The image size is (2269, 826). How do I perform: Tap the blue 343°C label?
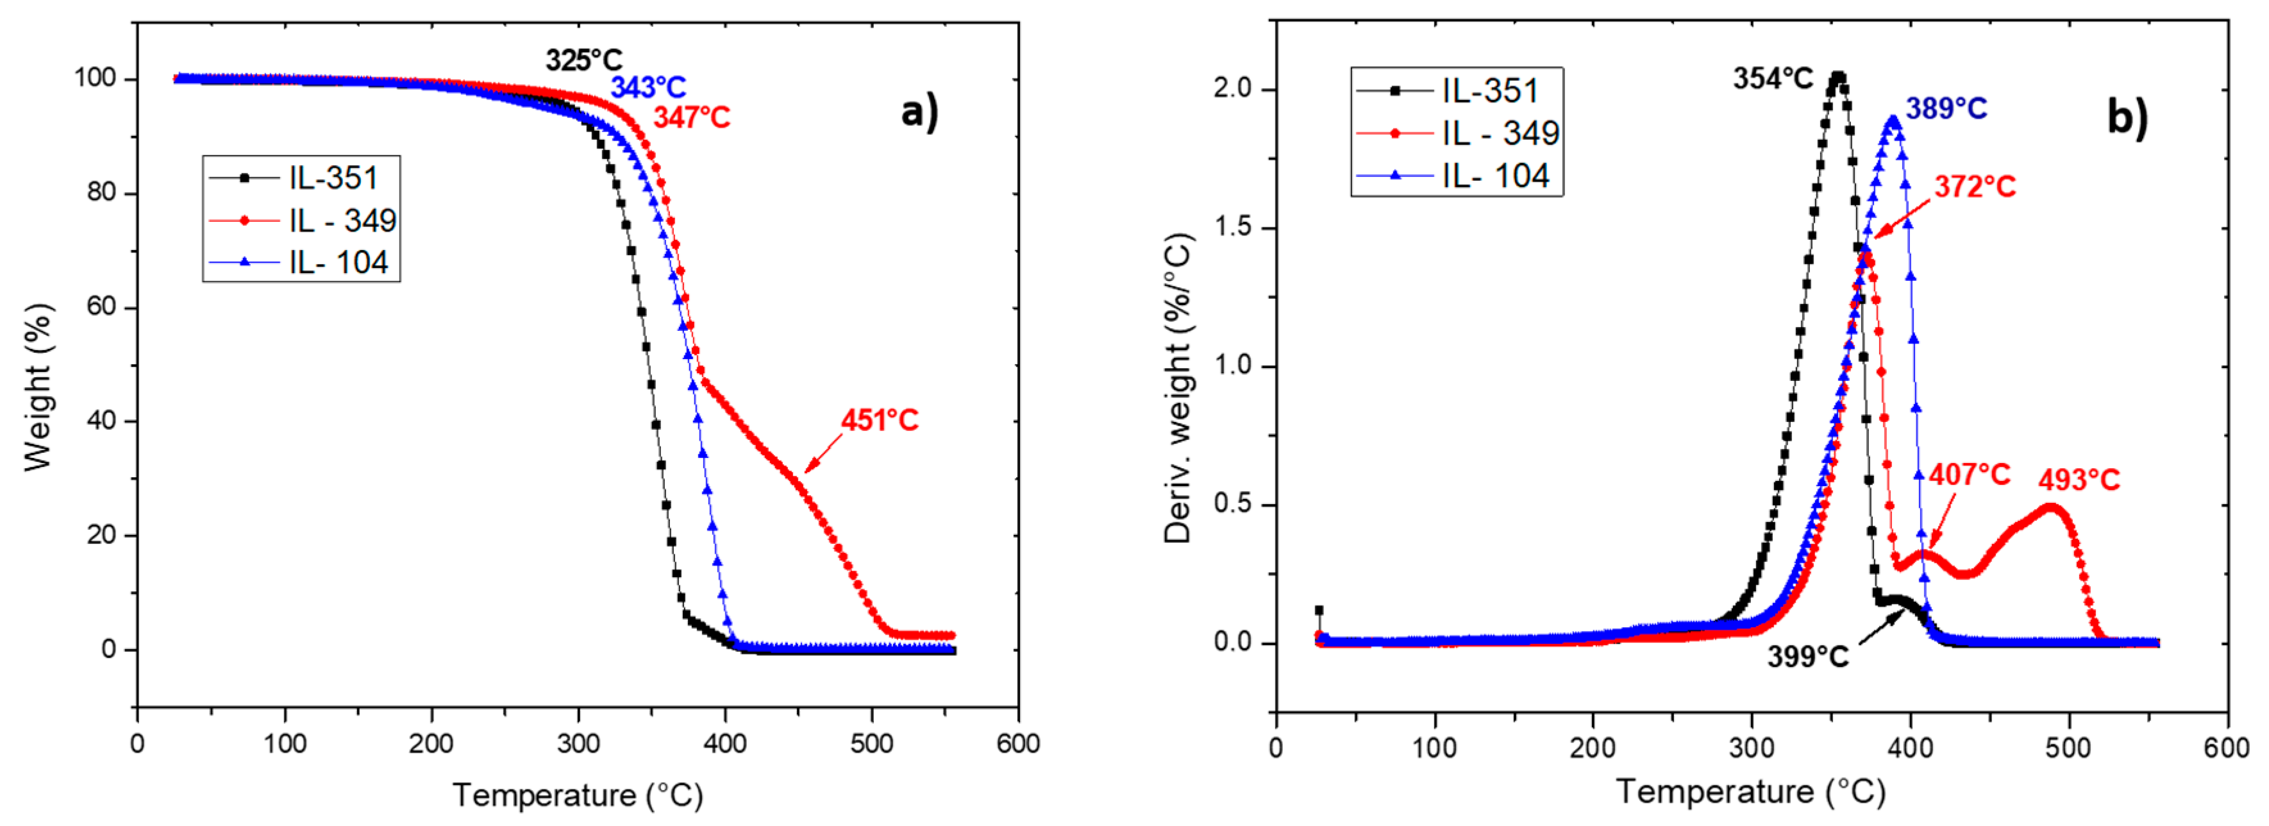[x=648, y=87]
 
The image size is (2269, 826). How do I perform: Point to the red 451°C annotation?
[x=879, y=420]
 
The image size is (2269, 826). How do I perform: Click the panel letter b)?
[x=2126, y=115]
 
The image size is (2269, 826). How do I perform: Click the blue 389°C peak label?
[x=1947, y=108]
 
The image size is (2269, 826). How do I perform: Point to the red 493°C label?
[x=2079, y=480]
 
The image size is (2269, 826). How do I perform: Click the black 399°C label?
[x=1807, y=657]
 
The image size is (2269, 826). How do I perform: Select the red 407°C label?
[x=1970, y=475]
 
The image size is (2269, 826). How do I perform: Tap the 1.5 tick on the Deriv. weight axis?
[x=1232, y=227]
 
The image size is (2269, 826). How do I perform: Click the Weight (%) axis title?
[x=38, y=387]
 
